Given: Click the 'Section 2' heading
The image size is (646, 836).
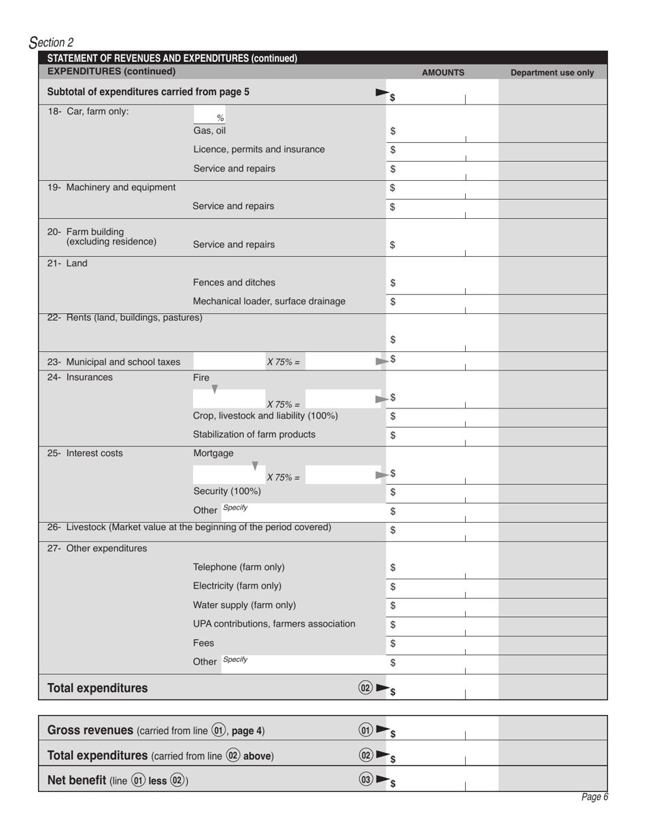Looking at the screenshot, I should (52, 43).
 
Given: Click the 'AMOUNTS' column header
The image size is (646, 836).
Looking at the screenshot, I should (443, 72).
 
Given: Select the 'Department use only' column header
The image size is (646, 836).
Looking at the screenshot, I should (551, 72).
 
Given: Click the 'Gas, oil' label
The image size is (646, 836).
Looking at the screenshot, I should (209, 130).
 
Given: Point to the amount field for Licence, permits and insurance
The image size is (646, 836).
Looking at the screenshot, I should (442, 150).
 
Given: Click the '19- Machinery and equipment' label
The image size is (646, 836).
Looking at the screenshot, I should (112, 187).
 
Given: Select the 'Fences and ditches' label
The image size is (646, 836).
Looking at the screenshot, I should (234, 282).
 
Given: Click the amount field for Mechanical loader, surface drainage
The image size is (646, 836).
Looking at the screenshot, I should (442, 302).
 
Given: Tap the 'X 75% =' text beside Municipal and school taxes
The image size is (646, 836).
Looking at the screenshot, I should (283, 362).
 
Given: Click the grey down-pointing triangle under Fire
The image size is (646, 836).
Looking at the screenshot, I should (215, 389).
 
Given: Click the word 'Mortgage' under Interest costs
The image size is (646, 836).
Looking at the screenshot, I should (213, 453).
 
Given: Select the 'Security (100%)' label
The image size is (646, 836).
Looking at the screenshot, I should (226, 491).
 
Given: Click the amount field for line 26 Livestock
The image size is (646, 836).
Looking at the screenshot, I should (442, 530).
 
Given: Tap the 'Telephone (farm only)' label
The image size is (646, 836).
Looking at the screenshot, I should (239, 567).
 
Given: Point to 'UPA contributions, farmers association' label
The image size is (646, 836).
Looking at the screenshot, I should (274, 623).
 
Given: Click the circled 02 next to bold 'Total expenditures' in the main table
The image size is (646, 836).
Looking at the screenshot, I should (365, 688).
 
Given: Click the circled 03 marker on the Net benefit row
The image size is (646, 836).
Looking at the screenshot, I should (366, 780).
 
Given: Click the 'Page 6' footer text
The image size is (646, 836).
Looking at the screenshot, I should (594, 797).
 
